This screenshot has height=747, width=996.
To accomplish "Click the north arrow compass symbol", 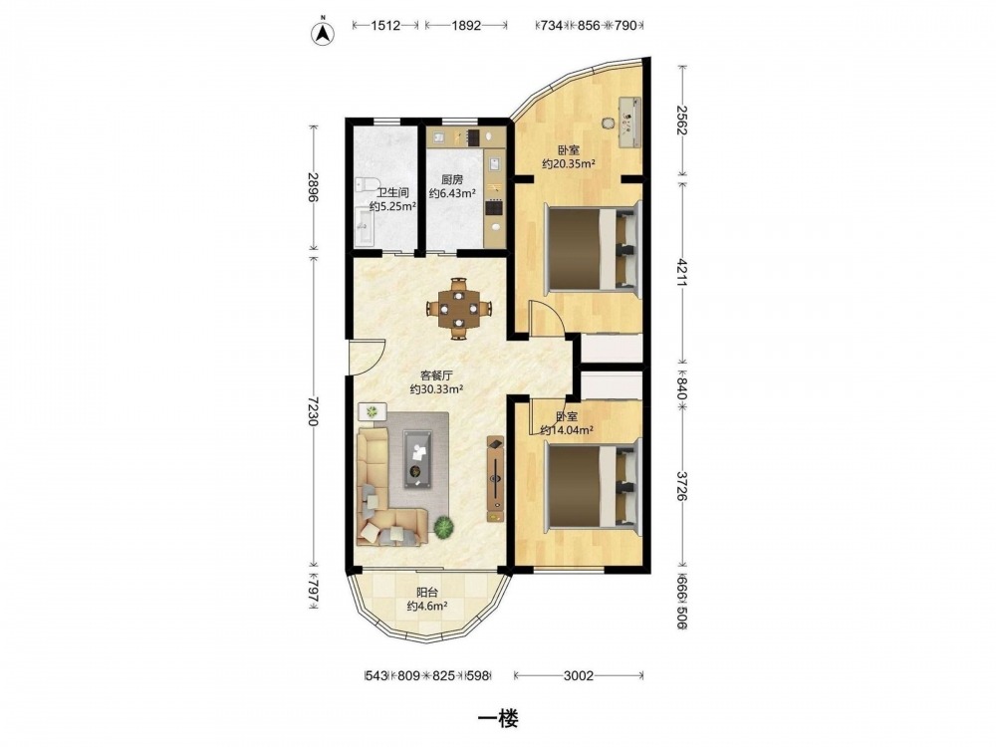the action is (x=323, y=33).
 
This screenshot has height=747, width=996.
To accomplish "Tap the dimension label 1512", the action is (x=384, y=26).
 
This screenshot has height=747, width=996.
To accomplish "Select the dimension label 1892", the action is (x=465, y=26).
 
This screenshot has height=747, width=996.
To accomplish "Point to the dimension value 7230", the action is (x=313, y=412).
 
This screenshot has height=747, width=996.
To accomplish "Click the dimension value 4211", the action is (x=681, y=272).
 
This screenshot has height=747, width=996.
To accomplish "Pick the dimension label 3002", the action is (x=578, y=675).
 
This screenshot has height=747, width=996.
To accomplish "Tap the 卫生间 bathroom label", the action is (x=392, y=192).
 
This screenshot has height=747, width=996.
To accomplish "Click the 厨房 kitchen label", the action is (x=452, y=179).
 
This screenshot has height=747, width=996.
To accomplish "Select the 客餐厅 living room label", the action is (x=435, y=375).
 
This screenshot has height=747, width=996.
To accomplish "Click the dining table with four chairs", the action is (x=459, y=309).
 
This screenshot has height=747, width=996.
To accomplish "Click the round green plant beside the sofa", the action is (x=444, y=527).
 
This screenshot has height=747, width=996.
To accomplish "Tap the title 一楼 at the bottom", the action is (x=498, y=718).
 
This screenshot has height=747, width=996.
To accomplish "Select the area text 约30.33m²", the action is (x=436, y=388).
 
